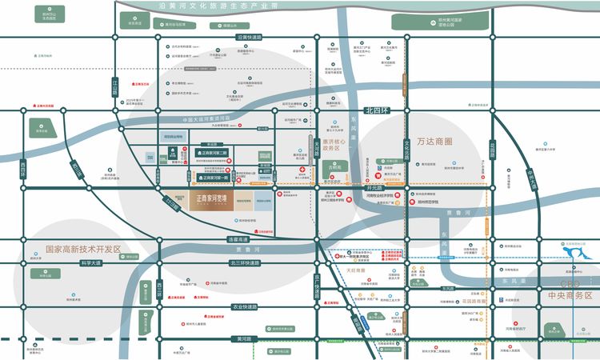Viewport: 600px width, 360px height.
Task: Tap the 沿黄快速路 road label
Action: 250,37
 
